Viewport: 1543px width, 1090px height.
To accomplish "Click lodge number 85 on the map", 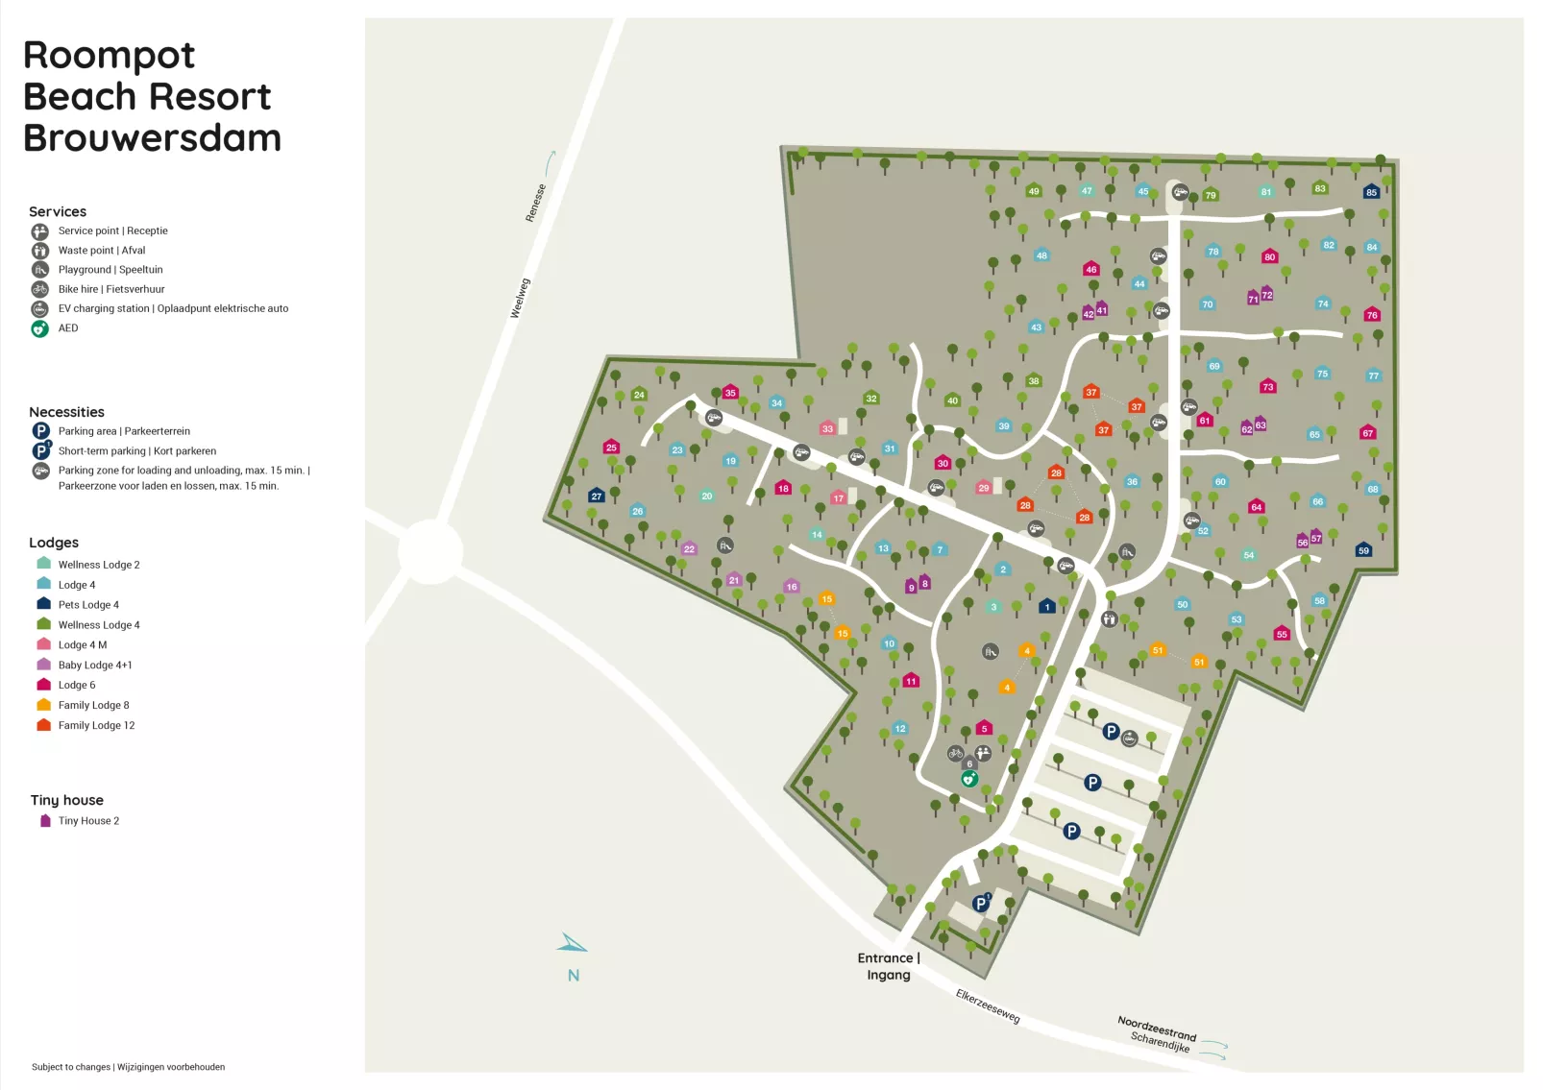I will click(1371, 192).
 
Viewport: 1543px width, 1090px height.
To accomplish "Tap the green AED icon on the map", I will click(969, 779).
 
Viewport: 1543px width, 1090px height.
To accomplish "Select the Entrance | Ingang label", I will click(889, 966).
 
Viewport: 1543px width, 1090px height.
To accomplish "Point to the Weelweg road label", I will click(520, 299).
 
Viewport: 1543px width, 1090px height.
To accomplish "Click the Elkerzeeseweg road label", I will click(988, 1005).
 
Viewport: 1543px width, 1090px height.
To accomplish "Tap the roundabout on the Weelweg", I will click(431, 551).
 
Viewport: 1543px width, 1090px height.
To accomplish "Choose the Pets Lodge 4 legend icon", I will click(43, 604).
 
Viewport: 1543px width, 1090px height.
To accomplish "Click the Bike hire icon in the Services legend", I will click(39, 289).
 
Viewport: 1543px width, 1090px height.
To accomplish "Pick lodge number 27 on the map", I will click(597, 497).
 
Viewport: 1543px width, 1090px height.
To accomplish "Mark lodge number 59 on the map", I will click(1363, 550).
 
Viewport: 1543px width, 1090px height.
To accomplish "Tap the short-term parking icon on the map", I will click(981, 903).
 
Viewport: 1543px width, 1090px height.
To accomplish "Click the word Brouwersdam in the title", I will click(152, 138).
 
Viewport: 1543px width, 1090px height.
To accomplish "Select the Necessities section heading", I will click(66, 412).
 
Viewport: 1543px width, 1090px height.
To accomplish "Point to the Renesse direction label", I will click(536, 203).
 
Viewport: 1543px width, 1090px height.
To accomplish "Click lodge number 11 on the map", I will click(911, 681).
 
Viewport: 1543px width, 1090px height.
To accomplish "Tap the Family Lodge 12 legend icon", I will click(43, 725).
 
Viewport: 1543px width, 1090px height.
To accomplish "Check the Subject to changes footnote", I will click(128, 1067).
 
